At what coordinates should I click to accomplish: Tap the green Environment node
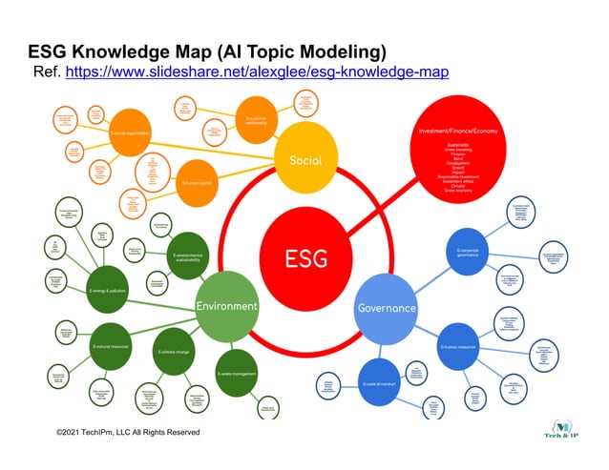226,306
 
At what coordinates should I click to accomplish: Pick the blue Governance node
386,308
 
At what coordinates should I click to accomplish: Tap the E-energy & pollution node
108,290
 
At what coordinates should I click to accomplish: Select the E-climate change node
175,352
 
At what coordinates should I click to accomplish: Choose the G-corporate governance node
466,254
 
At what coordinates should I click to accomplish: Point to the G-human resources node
458,348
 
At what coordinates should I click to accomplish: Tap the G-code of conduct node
378,383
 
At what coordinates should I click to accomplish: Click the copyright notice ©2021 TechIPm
128,432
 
